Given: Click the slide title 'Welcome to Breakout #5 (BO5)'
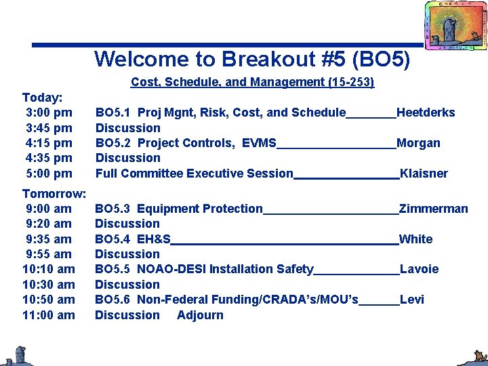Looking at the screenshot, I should click(x=252, y=59).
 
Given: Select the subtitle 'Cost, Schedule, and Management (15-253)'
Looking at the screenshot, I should click(x=252, y=82).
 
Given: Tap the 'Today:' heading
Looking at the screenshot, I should click(x=42, y=98).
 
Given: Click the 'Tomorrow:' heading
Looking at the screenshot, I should click(x=54, y=194).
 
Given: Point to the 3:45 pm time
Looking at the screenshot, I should click(x=49, y=127).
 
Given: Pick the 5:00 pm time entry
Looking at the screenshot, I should click(x=49, y=173).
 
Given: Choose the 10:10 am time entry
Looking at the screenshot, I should click(x=49, y=269).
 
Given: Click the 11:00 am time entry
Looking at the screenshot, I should click(x=49, y=314).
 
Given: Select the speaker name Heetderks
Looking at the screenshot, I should click(x=426, y=113).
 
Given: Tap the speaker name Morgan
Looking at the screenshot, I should click(x=418, y=143).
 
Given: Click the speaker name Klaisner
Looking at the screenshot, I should click(x=424, y=174).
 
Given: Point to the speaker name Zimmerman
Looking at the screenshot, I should click(x=433, y=209).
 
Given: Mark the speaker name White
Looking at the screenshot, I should click(x=415, y=239).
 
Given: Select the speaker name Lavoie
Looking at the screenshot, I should click(x=419, y=269).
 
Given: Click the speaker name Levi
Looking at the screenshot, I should click(x=411, y=300).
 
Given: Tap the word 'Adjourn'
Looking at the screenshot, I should click(x=200, y=314).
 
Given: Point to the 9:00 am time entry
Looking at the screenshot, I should click(x=49, y=209).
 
